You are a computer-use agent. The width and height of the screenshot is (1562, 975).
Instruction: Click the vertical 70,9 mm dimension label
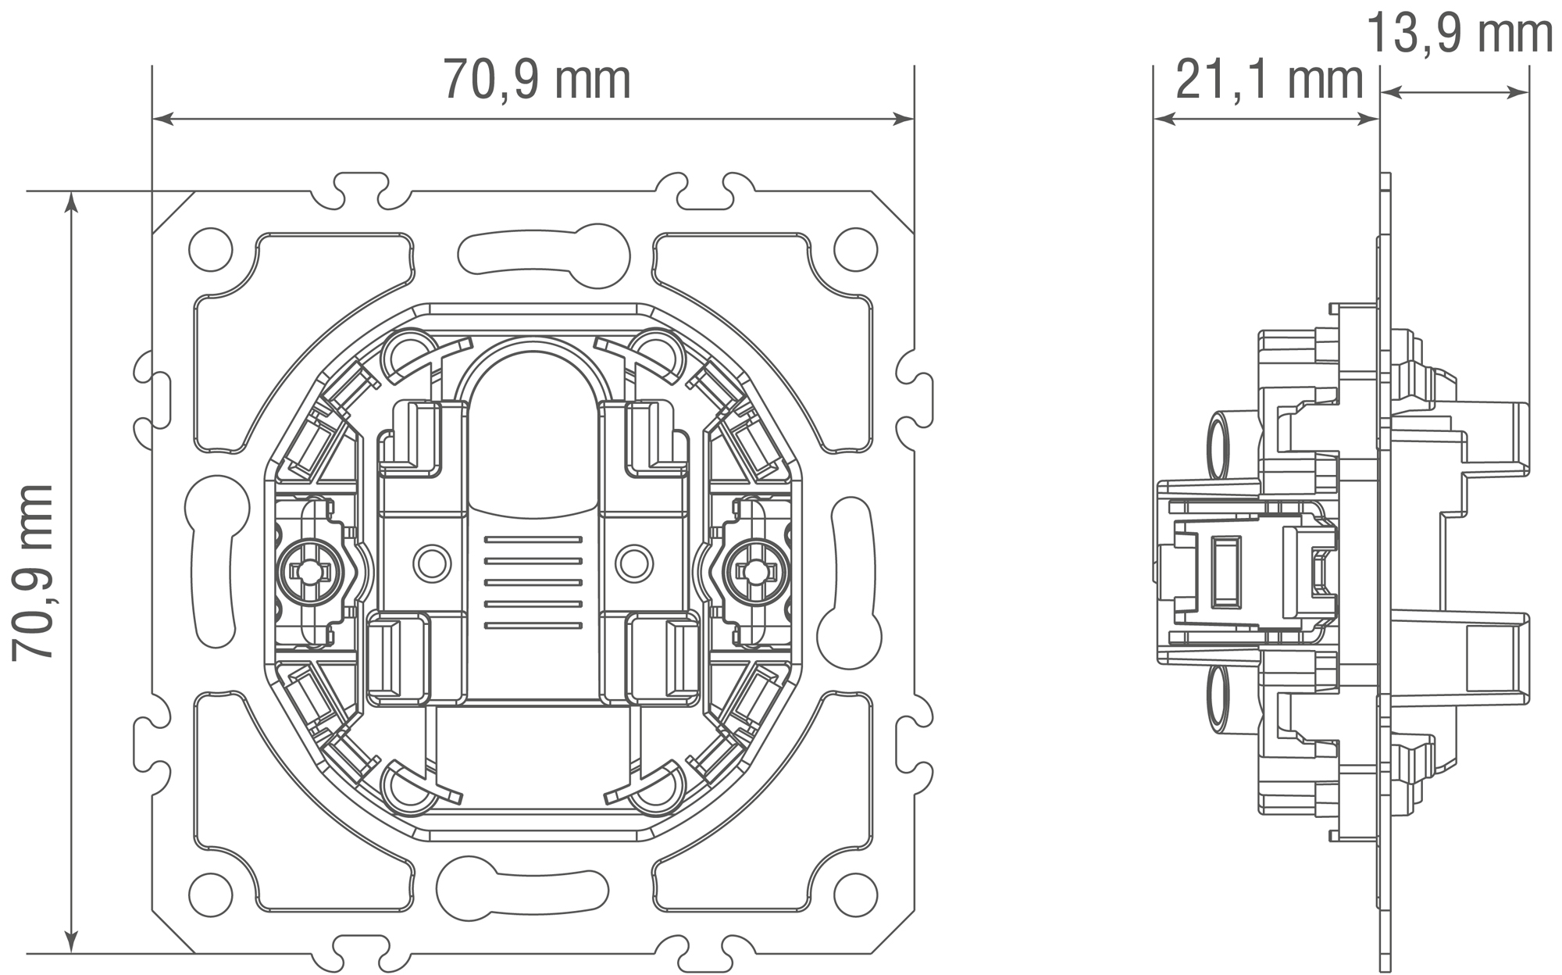(x=33, y=573)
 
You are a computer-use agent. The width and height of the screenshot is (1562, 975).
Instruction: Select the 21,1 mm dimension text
(x=1269, y=80)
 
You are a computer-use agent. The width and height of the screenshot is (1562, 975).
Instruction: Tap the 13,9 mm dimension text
(x=1460, y=34)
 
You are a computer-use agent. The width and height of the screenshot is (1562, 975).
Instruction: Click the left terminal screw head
(x=311, y=571)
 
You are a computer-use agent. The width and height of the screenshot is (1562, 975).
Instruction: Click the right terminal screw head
(x=754, y=571)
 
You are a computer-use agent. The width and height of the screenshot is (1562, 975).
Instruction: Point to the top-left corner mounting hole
(x=211, y=249)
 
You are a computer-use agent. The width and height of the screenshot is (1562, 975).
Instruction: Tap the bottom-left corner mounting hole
(x=211, y=892)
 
